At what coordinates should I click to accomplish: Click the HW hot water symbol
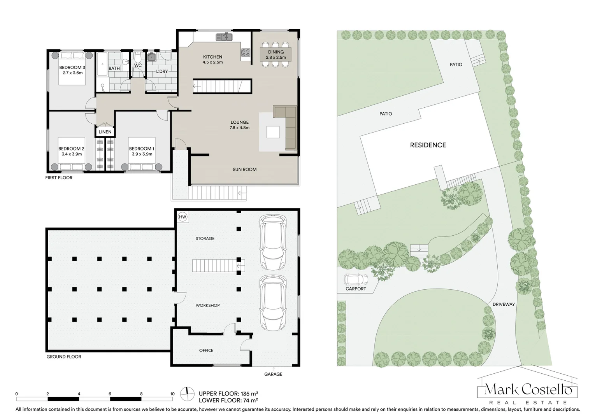[183, 217]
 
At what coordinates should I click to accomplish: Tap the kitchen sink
[224, 37]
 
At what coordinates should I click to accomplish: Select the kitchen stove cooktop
[246, 52]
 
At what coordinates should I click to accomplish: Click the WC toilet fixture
[138, 57]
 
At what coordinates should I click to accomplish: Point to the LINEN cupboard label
[105, 132]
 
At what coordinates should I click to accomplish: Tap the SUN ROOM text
[245, 170]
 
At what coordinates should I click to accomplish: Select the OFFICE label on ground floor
[206, 350]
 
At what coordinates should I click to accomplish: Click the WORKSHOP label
[208, 305]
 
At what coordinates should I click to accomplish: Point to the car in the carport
[356, 279]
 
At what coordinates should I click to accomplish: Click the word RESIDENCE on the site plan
[428, 145]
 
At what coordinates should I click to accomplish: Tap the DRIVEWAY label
[504, 304]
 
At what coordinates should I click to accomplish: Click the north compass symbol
[187, 394]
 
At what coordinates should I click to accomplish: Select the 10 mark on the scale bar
[172, 394]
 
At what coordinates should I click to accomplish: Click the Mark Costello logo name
[528, 390]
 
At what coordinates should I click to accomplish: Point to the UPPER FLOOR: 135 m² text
[228, 394]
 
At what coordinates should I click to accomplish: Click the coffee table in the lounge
[273, 132]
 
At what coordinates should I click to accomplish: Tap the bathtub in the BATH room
[102, 64]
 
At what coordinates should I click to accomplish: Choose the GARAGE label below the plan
[273, 374]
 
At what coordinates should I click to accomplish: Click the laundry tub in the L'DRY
[152, 57]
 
